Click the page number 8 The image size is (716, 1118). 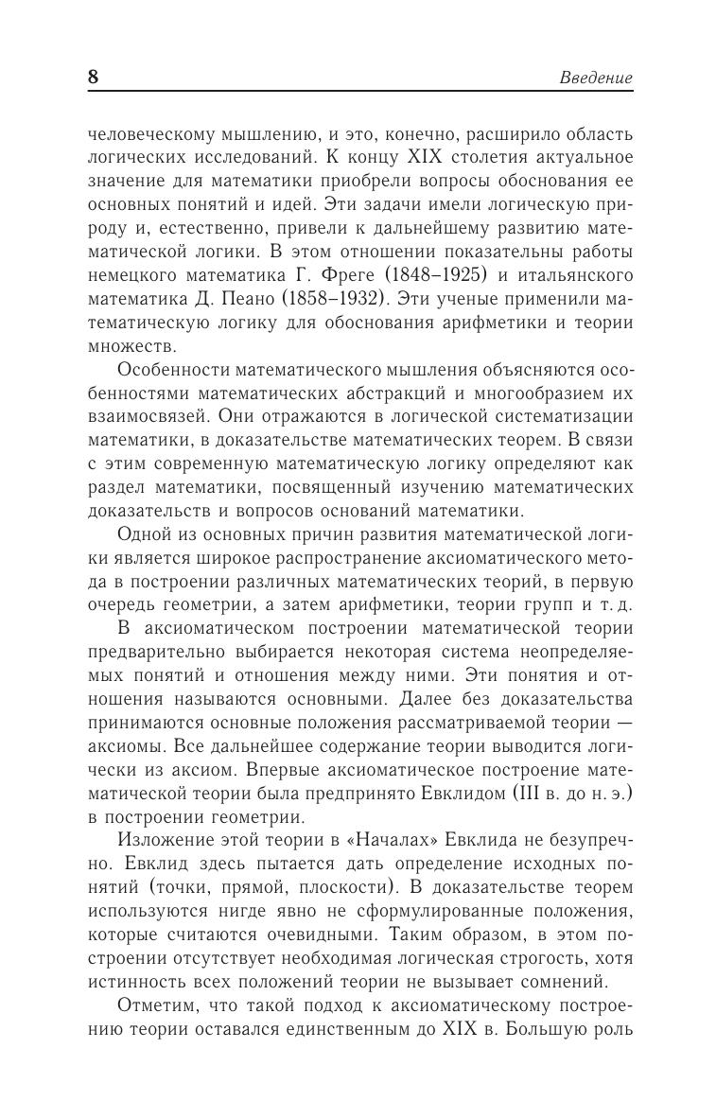pyautogui.click(x=93, y=77)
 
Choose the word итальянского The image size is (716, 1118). pyautogui.click(x=576, y=275)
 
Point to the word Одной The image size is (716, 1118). pyautogui.click(x=145, y=536)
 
